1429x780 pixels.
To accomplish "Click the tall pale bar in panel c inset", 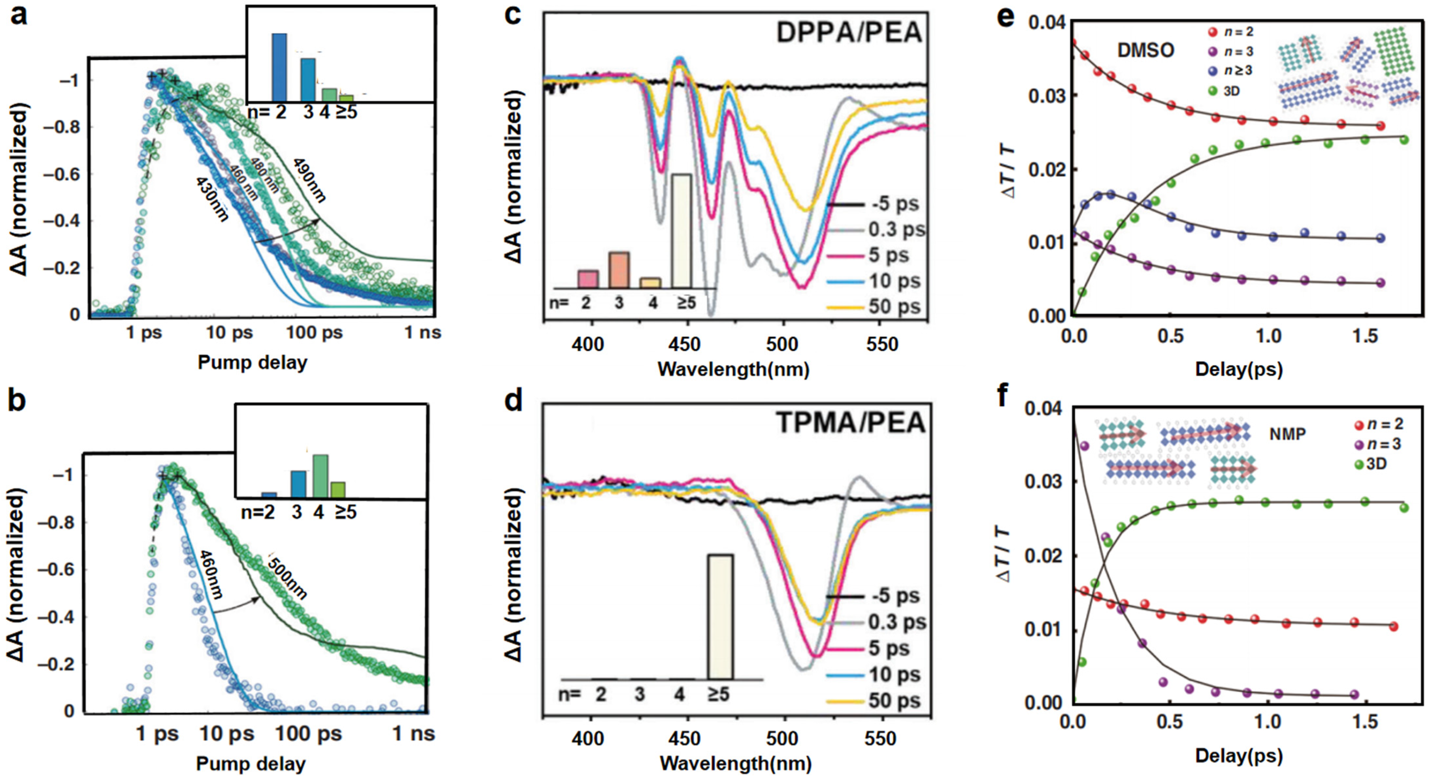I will click(681, 231).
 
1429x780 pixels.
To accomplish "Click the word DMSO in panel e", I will click(1145, 51).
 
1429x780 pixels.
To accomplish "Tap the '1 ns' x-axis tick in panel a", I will click(423, 333).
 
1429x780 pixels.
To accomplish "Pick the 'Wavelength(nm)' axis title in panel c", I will click(733, 369).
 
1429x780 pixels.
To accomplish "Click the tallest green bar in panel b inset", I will click(320, 476).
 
